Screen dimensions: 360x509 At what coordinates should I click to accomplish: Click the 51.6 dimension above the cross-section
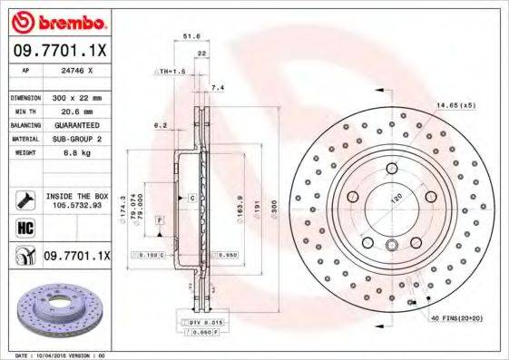191,36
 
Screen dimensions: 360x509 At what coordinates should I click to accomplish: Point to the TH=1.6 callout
172,71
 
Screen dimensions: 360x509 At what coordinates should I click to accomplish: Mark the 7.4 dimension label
216,88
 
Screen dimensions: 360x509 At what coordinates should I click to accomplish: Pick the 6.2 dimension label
161,124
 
